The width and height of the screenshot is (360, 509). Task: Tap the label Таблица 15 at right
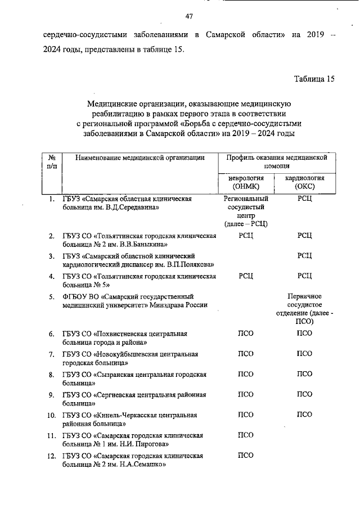coord(314,79)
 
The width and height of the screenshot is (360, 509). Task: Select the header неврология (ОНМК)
coord(245,181)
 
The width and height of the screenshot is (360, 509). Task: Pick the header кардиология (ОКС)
coord(304,181)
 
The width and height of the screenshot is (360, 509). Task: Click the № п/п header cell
coord(52,162)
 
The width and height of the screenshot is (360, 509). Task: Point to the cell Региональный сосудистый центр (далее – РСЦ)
coord(245,211)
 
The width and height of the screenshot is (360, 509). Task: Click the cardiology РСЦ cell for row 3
coord(304,256)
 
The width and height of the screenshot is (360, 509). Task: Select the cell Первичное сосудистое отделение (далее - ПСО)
coord(304,309)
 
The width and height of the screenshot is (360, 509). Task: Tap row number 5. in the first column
coord(51,296)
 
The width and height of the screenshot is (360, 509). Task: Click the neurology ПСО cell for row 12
coord(246,455)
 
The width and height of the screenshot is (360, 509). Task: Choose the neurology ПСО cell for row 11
coord(246,435)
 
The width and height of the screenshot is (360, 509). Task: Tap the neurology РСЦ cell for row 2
coord(246,235)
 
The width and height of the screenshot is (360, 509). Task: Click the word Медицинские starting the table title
coord(111,103)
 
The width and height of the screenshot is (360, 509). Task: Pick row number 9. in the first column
coord(51,395)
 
